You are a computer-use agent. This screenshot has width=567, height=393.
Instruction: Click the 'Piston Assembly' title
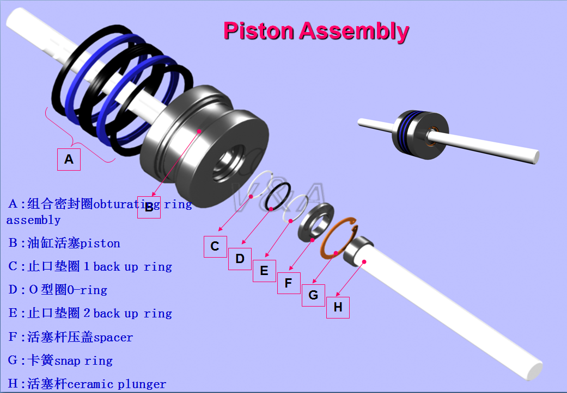[316, 31]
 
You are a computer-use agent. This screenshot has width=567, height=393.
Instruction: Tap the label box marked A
[69, 159]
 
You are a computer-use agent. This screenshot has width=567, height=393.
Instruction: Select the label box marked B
[149, 207]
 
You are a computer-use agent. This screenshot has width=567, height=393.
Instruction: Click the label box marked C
[215, 246]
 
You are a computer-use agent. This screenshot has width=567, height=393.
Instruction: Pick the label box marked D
[240, 259]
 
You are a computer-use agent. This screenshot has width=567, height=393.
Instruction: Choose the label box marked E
[264, 271]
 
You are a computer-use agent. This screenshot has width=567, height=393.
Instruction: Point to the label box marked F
[289, 283]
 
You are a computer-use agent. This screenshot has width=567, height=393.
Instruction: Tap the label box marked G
[313, 295]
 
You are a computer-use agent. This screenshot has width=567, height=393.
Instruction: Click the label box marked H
[338, 307]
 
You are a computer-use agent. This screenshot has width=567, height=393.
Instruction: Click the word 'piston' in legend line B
[101, 243]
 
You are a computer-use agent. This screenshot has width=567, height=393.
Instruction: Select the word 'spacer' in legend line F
[113, 338]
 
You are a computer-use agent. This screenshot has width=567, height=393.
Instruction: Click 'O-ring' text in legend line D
[87, 290]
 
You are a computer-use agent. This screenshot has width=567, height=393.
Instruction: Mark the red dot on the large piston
[200, 131]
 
